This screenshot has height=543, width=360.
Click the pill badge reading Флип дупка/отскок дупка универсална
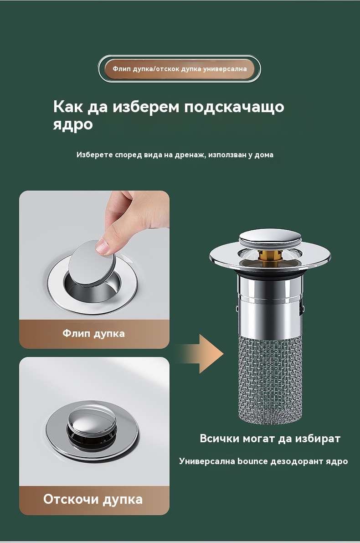click(179, 68)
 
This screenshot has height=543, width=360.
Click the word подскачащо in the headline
click(234, 107)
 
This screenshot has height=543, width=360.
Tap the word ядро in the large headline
click(73, 124)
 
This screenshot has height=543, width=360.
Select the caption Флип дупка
click(93, 333)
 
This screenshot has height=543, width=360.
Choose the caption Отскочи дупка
click(93, 499)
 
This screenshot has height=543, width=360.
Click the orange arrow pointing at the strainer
click(202, 354)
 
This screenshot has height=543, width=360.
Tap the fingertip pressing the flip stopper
click(103, 247)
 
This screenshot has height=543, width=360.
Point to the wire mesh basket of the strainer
click(270, 381)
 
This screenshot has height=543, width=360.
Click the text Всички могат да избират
click(270, 439)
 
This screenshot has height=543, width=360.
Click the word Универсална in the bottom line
click(206, 462)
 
